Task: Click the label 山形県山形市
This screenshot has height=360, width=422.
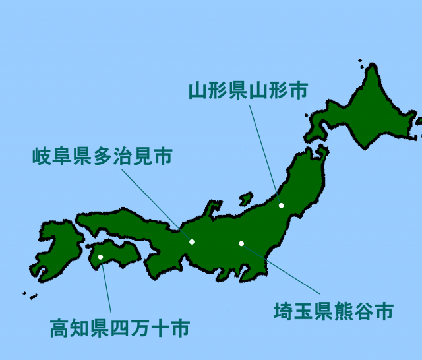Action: tap(248, 90)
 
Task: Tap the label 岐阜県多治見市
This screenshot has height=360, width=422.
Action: tap(102, 157)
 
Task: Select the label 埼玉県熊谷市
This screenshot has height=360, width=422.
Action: tap(334, 311)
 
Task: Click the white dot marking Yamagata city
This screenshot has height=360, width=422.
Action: tap(282, 206)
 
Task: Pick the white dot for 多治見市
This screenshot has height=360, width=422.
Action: tap(192, 242)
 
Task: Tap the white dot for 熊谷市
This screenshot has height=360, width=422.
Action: tap(241, 244)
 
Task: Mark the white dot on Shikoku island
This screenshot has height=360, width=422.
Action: tap(100, 257)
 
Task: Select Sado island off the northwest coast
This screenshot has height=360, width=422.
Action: tap(245, 198)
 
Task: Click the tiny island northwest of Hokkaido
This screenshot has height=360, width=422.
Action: tap(361, 62)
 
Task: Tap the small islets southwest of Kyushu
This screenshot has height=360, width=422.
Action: tap(29, 295)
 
